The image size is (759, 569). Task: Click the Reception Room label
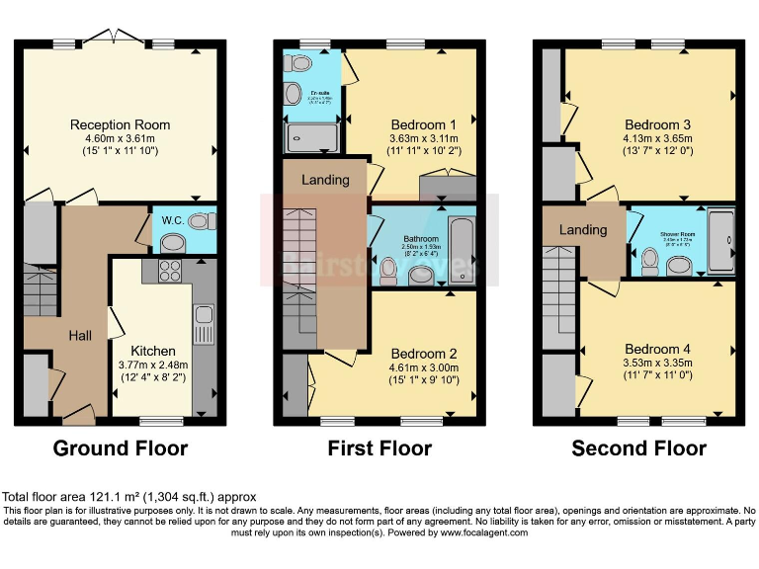[120, 124]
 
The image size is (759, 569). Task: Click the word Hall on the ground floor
[80, 336]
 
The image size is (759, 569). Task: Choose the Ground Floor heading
[120, 448]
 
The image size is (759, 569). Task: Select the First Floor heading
[379, 448]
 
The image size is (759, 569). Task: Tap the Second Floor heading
[638, 448]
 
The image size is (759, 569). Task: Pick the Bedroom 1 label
[423, 124]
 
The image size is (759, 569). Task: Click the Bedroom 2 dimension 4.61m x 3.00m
[423, 370]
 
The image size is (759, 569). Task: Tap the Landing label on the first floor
[325, 180]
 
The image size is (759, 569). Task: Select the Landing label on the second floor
[583, 230]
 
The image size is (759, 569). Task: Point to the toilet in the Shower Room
[650, 260]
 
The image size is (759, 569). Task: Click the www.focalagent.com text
[474, 532]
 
